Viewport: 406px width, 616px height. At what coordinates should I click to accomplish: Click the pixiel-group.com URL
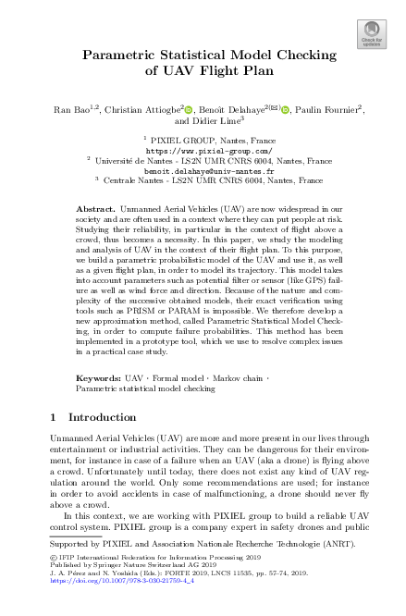pos(203,149)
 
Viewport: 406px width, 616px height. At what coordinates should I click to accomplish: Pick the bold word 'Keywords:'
pos(99,378)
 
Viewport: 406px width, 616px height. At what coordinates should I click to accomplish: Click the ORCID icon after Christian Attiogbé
pos(191,110)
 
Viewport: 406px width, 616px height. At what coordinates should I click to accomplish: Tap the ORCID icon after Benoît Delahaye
pos(284,110)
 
